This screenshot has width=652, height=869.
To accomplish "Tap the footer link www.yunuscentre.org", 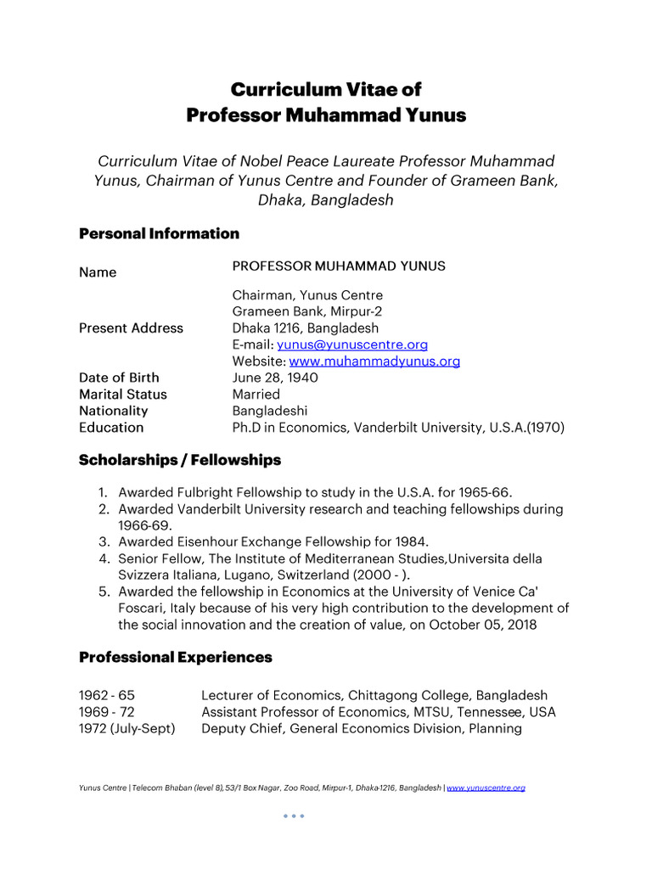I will (486, 788).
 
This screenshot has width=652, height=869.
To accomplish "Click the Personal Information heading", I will (159, 233).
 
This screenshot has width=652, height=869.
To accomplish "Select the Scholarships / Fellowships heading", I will (179, 460).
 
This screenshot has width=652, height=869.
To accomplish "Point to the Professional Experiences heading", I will (176, 657).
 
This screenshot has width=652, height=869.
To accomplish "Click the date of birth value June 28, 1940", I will (275, 378).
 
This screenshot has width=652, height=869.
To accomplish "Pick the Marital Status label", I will (123, 395).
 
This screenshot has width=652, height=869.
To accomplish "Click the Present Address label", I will (131, 328).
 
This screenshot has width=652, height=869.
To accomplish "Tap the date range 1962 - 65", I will (107, 695).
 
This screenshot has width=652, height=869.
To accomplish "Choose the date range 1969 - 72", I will (107, 712).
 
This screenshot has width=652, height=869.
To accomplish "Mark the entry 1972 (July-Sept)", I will (127, 728).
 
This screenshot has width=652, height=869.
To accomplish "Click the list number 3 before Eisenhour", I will (101, 542).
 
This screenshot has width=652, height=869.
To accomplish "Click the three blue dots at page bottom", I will (293, 816).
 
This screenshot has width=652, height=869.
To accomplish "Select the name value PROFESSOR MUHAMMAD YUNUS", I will (339, 266).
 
